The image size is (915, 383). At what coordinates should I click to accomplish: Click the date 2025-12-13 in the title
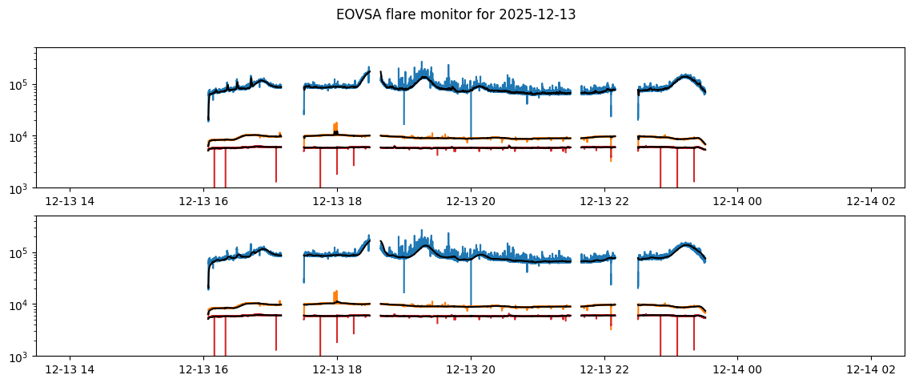545,14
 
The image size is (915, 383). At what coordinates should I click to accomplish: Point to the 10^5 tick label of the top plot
21,85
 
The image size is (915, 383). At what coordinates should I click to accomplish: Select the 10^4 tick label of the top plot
21,137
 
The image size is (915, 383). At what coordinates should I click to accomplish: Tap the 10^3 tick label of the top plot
21,188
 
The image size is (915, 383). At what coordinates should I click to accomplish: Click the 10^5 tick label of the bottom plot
21,253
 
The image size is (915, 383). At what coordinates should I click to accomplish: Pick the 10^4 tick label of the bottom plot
21,305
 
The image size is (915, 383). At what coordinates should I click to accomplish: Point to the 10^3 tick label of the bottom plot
21,357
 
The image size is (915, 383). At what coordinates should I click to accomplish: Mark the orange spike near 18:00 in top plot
336,126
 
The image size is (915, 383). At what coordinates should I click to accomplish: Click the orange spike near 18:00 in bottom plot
336,294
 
